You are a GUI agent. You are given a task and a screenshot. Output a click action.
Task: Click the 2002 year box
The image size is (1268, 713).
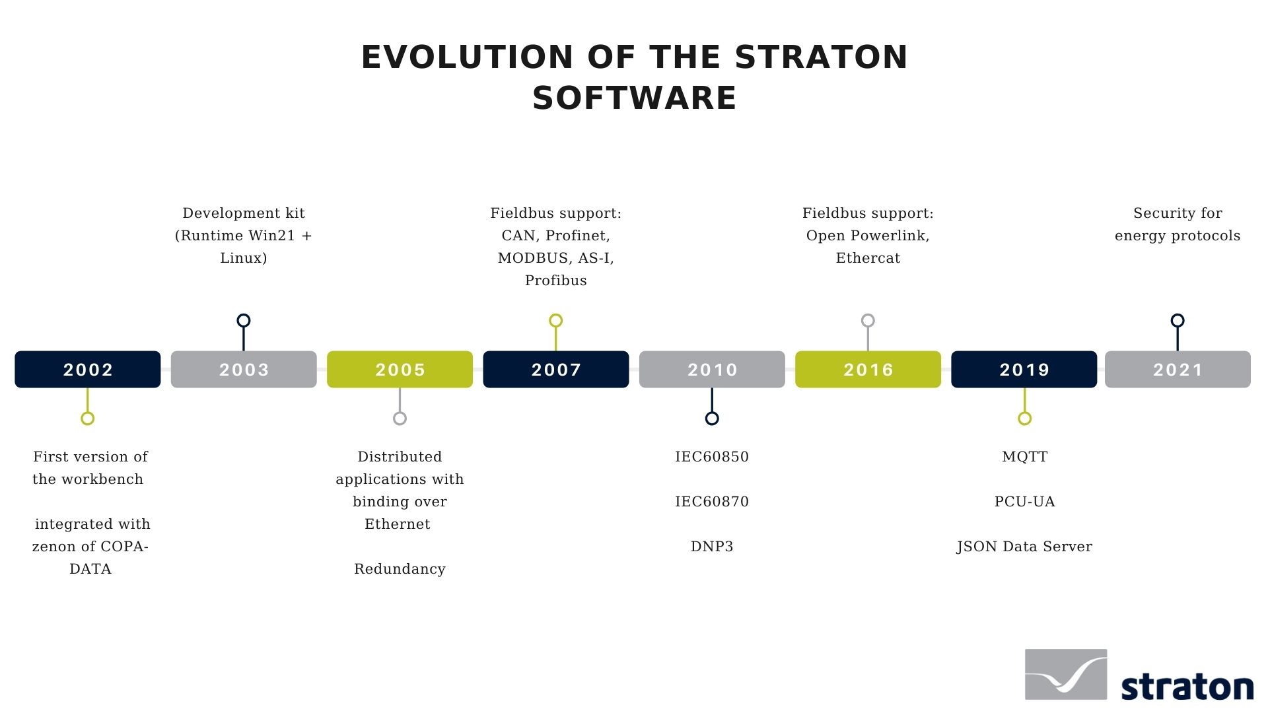coord(88,369)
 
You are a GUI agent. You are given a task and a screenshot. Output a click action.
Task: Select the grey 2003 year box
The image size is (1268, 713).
coord(244,369)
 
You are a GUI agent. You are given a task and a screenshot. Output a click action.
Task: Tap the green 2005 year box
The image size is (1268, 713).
coord(400,369)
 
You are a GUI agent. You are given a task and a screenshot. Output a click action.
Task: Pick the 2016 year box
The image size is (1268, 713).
coord(868,369)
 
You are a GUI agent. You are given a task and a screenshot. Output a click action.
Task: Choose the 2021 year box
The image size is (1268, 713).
coord(1178,369)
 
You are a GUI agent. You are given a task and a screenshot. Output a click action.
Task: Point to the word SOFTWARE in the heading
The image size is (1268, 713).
coord(634,98)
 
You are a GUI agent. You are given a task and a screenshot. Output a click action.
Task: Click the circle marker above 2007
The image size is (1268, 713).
coord(556,321)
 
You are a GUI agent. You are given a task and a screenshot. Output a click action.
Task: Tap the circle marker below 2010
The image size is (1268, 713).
coord(712,418)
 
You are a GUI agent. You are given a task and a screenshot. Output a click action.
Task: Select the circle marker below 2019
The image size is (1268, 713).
coord(1024,418)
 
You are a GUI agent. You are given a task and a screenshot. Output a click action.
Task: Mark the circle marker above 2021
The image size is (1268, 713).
coord(1178,321)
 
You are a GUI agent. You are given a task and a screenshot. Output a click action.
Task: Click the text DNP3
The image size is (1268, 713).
coord(712,547)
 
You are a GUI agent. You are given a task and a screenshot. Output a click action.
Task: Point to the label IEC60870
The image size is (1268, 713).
coord(712,502)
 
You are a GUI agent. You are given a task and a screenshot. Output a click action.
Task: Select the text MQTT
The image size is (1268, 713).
coord(1024,457)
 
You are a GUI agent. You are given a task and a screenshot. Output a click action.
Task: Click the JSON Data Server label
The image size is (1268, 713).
coord(1024,547)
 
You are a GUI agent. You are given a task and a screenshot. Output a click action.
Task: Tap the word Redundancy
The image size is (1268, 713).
coord(400,569)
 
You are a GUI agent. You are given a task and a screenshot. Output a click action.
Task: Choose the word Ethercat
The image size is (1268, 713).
coord(868,258)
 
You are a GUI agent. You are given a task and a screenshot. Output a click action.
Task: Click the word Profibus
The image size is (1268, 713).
coord(556,281)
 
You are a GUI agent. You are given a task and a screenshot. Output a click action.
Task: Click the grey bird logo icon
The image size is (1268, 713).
coord(1065,674)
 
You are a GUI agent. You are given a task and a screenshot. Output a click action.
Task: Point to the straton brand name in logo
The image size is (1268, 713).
coord(1187,687)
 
